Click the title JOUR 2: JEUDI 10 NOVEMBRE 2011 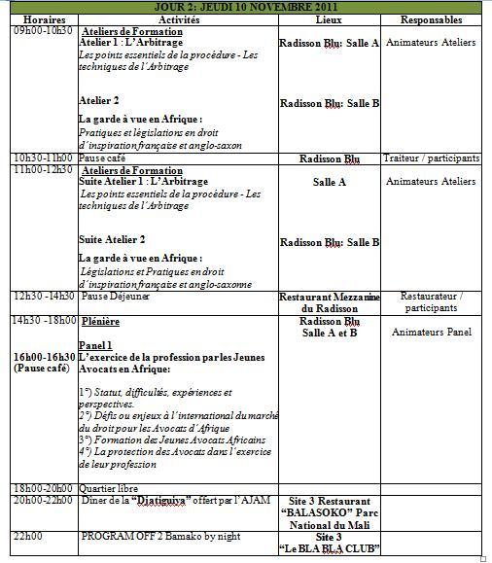coord(247,7)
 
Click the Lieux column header coord(329,19)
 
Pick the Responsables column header coord(431,19)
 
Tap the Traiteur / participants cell coord(431,158)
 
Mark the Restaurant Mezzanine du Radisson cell coord(329,301)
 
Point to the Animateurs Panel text coord(431,333)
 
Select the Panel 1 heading coord(96,344)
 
